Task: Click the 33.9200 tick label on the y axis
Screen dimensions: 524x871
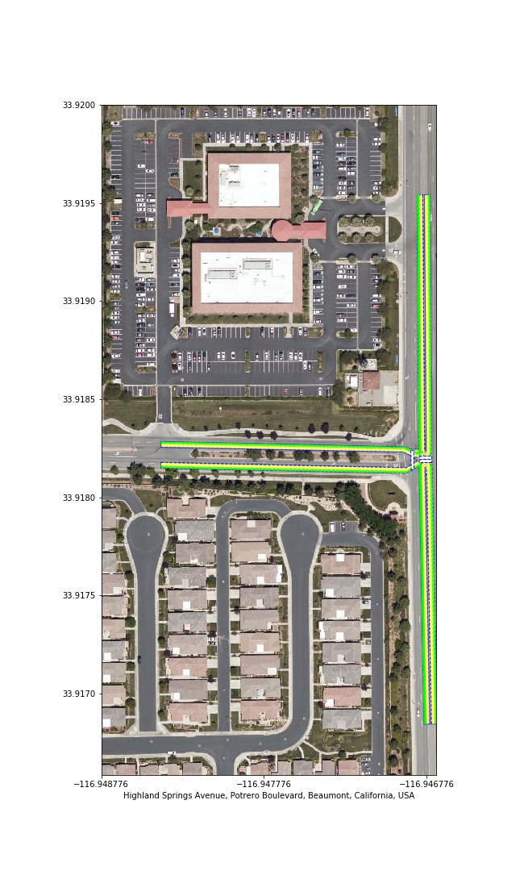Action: (x=78, y=105)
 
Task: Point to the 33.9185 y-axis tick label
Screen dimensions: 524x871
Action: (x=78, y=399)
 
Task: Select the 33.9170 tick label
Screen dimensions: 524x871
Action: (x=78, y=694)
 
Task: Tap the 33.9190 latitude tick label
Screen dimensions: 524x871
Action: (x=78, y=301)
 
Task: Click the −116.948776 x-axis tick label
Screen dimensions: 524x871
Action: (x=102, y=785)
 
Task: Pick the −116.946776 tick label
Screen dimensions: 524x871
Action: (x=427, y=785)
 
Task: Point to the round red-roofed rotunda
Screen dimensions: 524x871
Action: (x=285, y=229)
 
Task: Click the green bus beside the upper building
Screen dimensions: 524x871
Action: (x=316, y=206)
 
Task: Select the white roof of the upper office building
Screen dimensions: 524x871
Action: (x=248, y=185)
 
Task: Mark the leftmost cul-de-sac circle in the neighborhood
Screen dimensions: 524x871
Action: (x=147, y=536)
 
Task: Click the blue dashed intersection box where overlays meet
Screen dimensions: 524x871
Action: (x=422, y=459)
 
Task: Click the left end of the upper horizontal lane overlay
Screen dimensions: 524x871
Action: (x=161, y=444)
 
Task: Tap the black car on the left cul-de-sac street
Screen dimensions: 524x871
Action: (x=139, y=660)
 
